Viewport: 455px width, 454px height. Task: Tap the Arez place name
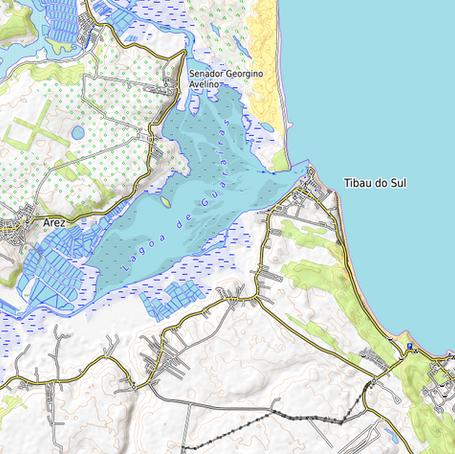point(56,222)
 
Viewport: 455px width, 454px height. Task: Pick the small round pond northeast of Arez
point(78,132)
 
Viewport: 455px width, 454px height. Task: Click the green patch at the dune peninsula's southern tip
point(281,160)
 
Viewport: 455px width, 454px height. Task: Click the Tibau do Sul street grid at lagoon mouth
point(306,195)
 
